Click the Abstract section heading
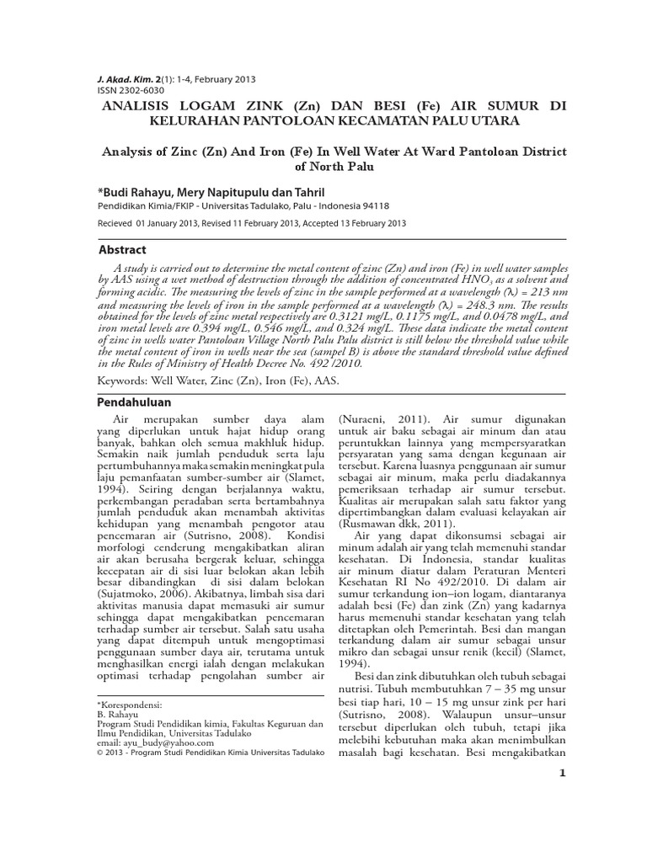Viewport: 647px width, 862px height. point(122,250)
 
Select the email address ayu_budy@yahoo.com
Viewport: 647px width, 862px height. point(152,744)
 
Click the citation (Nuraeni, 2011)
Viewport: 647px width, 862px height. point(377,418)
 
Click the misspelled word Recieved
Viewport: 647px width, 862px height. point(115,223)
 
